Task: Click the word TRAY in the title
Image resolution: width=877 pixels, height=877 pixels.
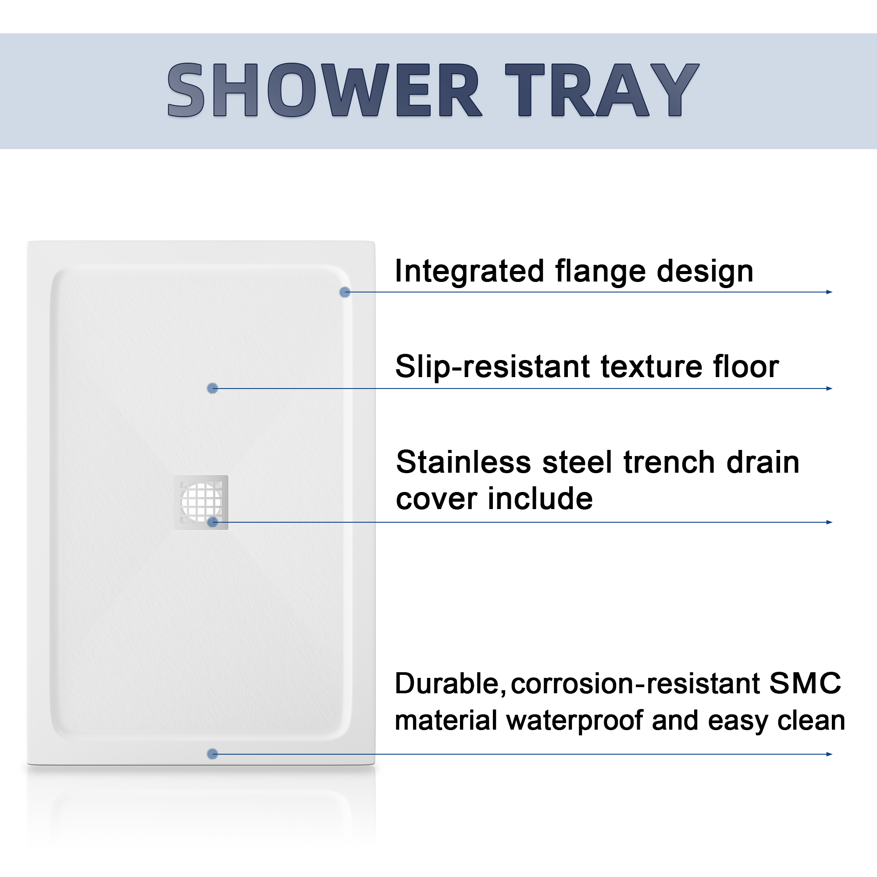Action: [602, 90]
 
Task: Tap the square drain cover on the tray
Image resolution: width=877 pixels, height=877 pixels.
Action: [201, 503]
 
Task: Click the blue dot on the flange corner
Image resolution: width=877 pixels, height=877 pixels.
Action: [345, 292]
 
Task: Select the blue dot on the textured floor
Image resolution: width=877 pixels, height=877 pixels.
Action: [212, 388]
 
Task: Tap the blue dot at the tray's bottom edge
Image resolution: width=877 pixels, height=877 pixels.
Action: [212, 754]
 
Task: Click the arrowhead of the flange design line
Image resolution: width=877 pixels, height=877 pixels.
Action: [829, 292]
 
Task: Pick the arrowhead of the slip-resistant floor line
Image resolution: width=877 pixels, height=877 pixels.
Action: [829, 389]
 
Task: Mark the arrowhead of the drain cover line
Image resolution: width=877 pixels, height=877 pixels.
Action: [829, 523]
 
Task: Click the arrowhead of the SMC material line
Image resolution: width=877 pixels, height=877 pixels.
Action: [829, 754]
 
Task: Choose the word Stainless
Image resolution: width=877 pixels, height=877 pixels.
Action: [463, 462]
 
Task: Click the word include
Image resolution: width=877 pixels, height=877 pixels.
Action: [540, 499]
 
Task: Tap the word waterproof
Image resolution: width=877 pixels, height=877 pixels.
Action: [575, 721]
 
